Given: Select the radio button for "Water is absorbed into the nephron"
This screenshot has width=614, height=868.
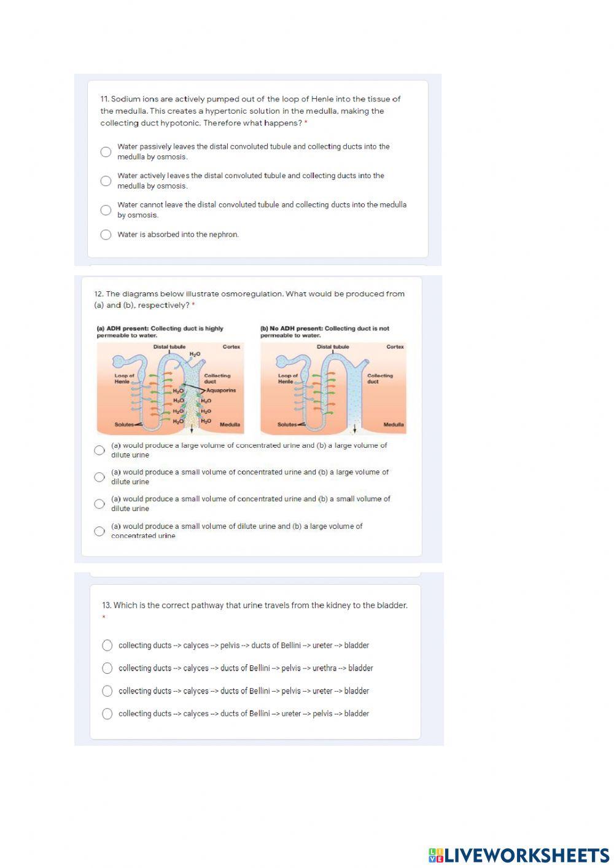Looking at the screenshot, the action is pyautogui.click(x=106, y=235).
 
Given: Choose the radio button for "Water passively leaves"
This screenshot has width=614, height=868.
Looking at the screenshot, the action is pyautogui.click(x=106, y=152).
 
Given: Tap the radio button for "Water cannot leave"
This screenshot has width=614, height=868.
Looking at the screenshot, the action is pyautogui.click(x=106, y=210).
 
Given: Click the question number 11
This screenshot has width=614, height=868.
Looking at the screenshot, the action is pyautogui.click(x=104, y=99).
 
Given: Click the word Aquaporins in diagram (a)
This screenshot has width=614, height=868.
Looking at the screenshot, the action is pyautogui.click(x=221, y=390).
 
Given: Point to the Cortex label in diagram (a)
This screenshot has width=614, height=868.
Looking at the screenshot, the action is pyautogui.click(x=231, y=347).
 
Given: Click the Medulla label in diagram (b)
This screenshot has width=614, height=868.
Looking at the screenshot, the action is pyautogui.click(x=394, y=424).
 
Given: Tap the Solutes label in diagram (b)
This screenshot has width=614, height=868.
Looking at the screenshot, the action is pyautogui.click(x=287, y=424).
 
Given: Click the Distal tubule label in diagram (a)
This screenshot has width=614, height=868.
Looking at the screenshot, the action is pyautogui.click(x=169, y=347).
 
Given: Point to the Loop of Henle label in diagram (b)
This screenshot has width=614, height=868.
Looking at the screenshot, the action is pyautogui.click(x=288, y=378).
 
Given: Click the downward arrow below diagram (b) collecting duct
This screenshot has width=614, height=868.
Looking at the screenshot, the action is pyautogui.click(x=354, y=429).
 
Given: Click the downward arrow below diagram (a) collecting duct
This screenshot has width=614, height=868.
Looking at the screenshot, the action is pyautogui.click(x=192, y=429).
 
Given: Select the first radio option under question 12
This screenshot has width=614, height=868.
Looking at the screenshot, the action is pyautogui.click(x=99, y=450).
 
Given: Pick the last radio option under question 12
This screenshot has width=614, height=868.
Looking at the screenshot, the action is pyautogui.click(x=99, y=531).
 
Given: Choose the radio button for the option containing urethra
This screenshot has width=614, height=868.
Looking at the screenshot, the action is pyautogui.click(x=107, y=668).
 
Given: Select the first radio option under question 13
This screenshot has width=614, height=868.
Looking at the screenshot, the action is pyautogui.click(x=107, y=645).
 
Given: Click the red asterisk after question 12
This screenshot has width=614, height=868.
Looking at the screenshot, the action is pyautogui.click(x=193, y=305).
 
